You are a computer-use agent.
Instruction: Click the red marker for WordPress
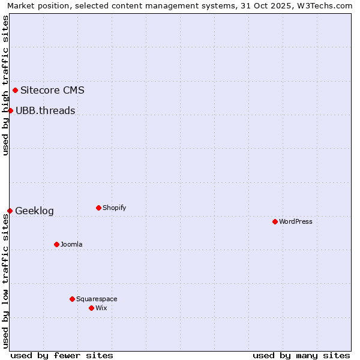[275, 221]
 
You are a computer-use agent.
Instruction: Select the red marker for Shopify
[98, 208]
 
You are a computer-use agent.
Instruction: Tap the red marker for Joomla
[56, 244]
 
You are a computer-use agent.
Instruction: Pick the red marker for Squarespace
[72, 299]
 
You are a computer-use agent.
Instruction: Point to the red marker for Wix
[91, 308]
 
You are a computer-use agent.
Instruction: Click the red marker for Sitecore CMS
[15, 91]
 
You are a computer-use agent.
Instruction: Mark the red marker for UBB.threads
[10, 110]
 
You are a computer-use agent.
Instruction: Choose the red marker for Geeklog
[10, 211]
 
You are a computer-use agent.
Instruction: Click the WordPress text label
[296, 221]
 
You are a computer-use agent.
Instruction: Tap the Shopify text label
[115, 208]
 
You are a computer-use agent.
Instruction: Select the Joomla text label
[71, 244]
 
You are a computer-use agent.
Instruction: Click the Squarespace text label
[97, 299]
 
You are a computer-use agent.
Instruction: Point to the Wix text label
[101, 308]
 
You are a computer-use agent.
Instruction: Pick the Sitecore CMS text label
[52, 91]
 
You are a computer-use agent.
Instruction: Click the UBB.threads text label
[46, 110]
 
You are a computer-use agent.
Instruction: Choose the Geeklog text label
[34, 211]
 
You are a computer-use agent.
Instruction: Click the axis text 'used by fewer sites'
[62, 355]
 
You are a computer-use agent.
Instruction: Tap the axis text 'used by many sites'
[301, 355]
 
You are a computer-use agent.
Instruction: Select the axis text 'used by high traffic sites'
[5, 85]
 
